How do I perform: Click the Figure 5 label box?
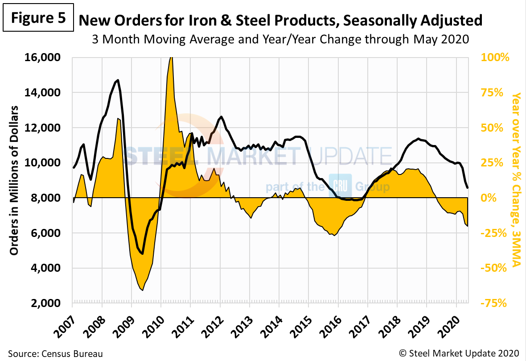click(38, 19)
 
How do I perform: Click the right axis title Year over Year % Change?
click(516, 178)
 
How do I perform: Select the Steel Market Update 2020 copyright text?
click(459, 354)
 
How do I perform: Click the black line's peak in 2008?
click(118, 80)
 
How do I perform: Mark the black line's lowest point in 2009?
click(142, 254)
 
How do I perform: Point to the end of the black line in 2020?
click(467, 188)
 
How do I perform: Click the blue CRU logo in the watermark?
click(340, 185)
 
